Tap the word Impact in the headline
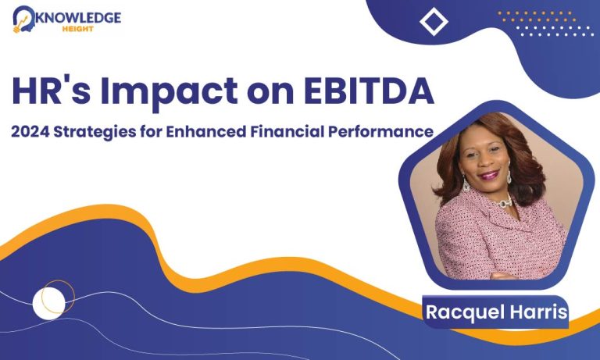(169, 93)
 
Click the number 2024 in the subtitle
(30, 132)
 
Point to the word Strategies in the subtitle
(95, 133)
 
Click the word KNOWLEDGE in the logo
(78, 18)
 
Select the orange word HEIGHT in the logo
(78, 29)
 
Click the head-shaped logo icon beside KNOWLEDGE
(23, 19)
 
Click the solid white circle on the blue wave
(48, 303)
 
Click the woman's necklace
(506, 201)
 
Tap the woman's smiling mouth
(488, 175)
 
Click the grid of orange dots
(536, 16)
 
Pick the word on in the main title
(271, 94)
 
